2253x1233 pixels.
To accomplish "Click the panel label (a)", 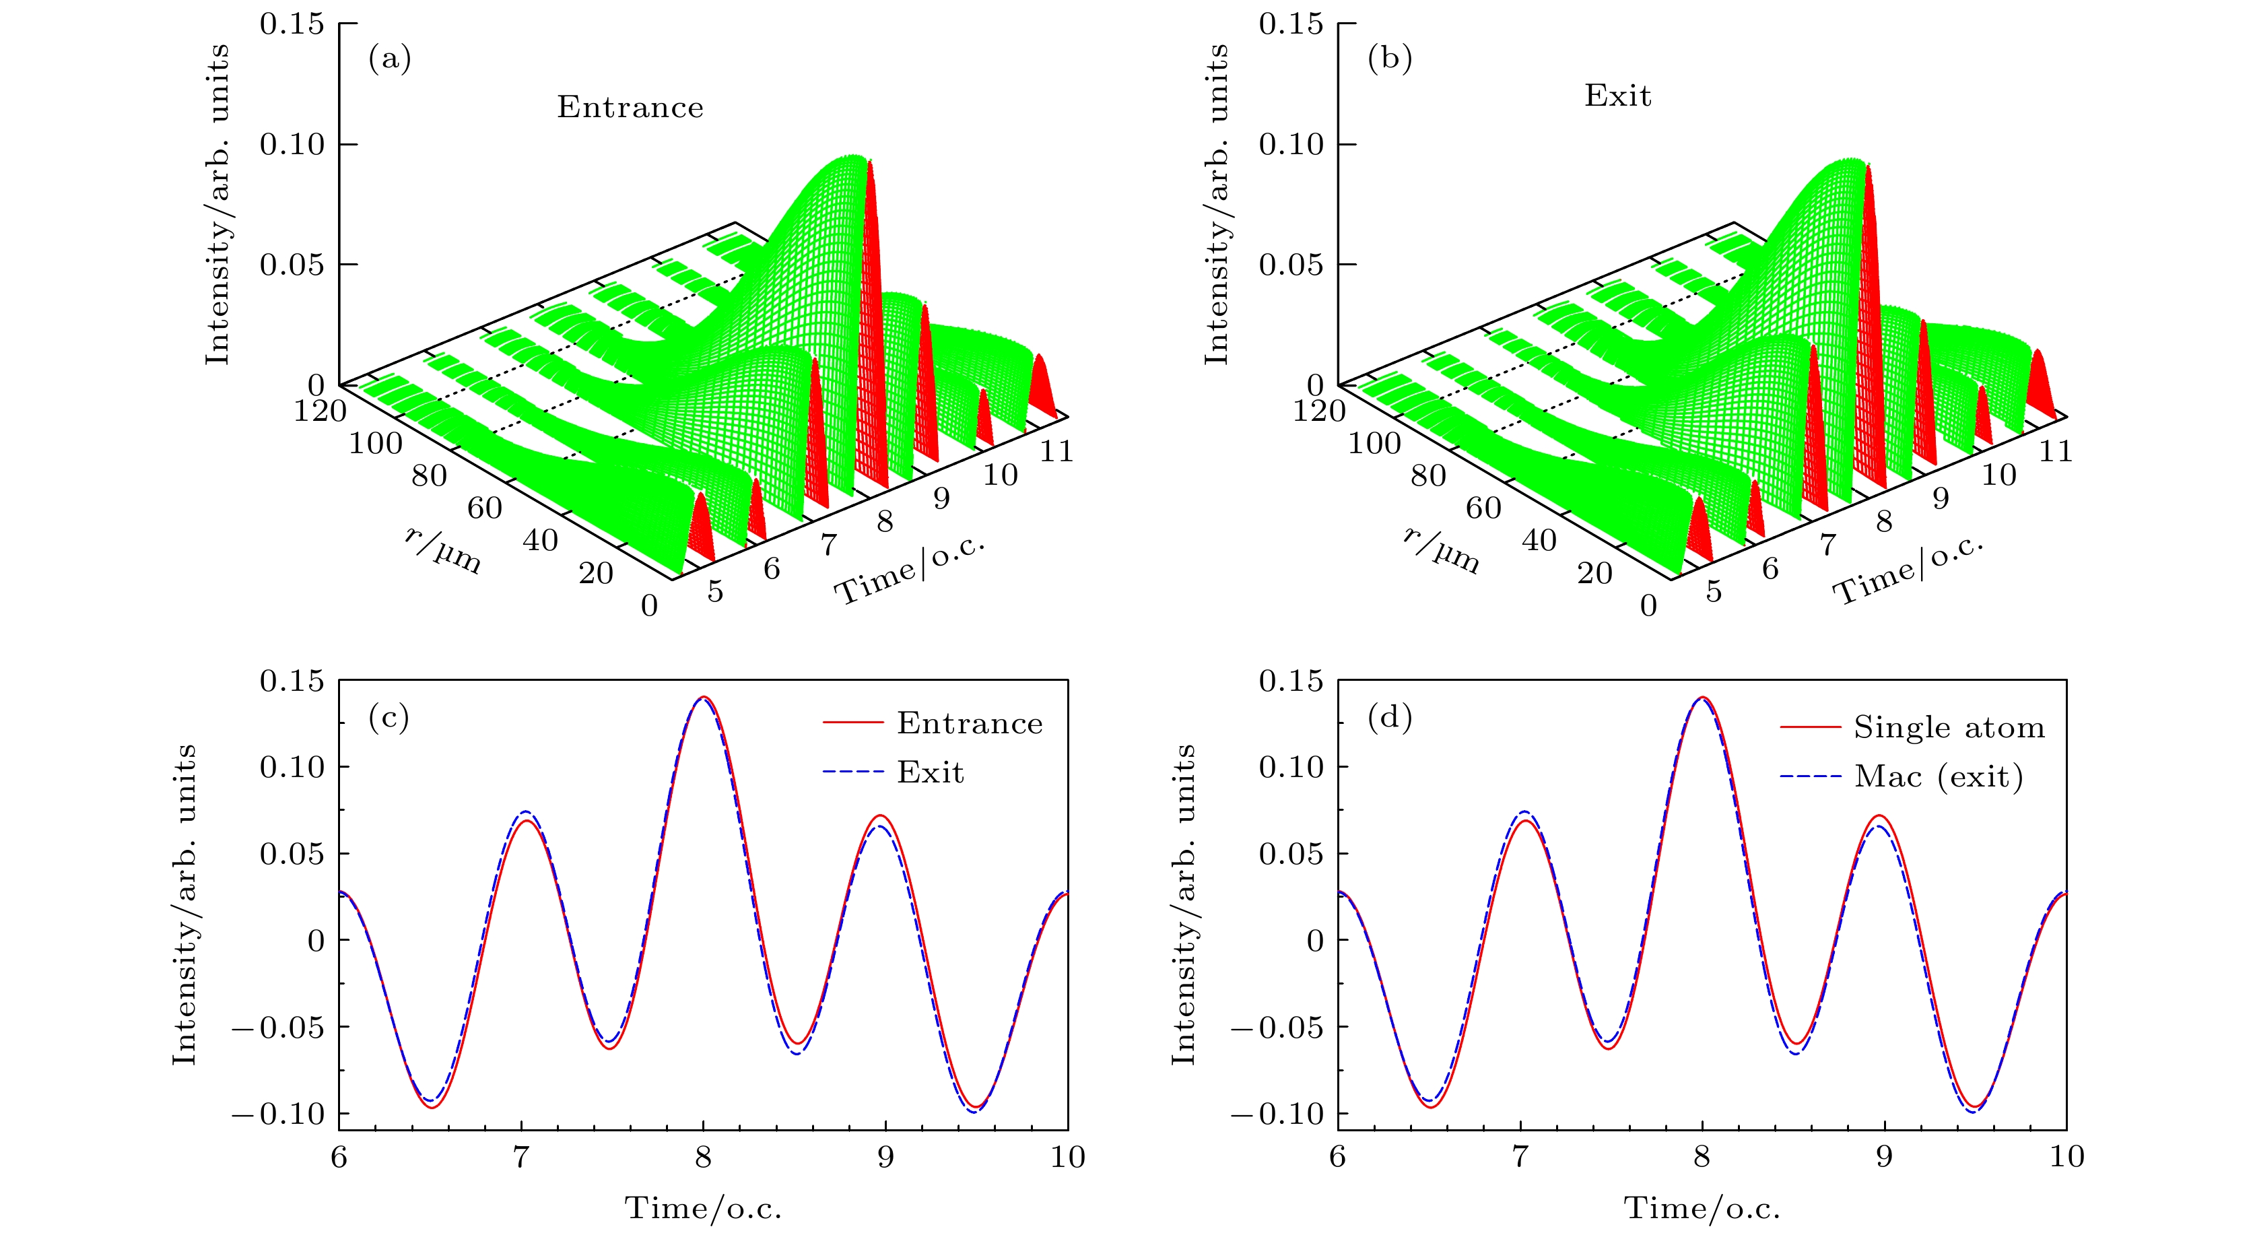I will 389,59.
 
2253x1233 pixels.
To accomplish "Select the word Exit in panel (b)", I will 1617,96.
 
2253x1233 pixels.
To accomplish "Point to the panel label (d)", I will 1389,717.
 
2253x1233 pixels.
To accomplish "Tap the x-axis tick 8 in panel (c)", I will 703,1157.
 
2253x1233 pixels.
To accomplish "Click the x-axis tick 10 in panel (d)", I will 2066,1157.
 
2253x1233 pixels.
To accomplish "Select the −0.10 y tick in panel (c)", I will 278,1114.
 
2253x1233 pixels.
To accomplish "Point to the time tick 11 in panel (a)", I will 1056,451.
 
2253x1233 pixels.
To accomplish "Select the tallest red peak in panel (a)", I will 870,166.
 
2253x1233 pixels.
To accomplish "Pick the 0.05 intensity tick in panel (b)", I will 1290,264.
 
